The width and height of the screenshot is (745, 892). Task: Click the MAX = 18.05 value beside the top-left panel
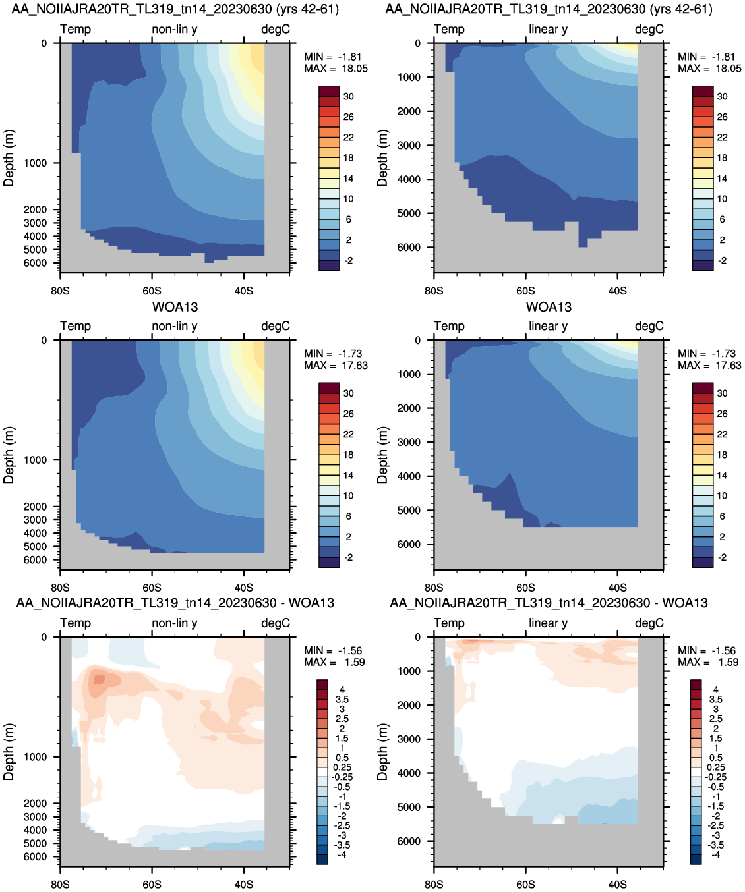click(336, 69)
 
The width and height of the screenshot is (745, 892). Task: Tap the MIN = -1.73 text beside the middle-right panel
click(707, 354)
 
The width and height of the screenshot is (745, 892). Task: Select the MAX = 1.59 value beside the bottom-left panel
click(334, 662)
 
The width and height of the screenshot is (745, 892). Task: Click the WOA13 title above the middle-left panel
click(175, 307)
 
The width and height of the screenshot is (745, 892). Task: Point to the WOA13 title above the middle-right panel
click(549, 307)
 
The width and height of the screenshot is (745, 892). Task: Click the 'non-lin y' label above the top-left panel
click(175, 29)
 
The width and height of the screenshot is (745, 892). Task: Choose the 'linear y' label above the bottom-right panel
click(548, 623)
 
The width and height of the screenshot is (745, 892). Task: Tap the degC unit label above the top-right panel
click(649, 29)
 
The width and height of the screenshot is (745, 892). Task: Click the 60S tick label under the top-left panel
click(152, 291)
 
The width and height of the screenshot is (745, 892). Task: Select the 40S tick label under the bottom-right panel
click(617, 885)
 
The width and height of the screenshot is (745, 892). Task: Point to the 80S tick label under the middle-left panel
click(60, 588)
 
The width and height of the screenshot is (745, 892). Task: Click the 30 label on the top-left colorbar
click(349, 96)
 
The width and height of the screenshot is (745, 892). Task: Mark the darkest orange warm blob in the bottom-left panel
click(99, 679)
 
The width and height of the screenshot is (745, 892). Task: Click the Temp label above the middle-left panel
click(76, 326)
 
